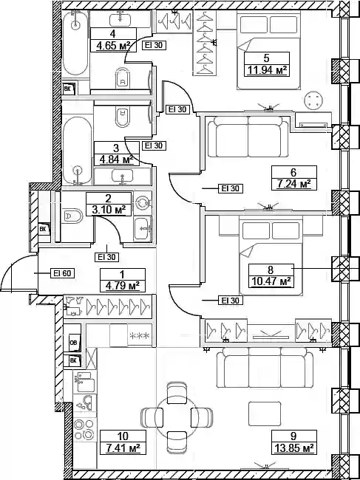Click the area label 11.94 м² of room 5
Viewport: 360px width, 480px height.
(x=267, y=71)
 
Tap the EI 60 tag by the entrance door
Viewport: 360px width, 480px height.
(x=62, y=272)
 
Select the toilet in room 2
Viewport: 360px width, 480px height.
(x=72, y=216)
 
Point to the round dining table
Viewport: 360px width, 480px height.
(x=177, y=417)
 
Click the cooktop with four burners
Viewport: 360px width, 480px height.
(x=84, y=429)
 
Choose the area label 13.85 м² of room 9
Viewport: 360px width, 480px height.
(x=293, y=449)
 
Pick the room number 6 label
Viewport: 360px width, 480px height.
(x=293, y=172)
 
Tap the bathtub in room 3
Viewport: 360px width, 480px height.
(x=77, y=151)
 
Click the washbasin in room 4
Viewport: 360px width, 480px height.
(x=120, y=20)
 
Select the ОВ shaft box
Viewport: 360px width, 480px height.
(x=74, y=342)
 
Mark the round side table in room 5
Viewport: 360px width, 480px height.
(x=313, y=100)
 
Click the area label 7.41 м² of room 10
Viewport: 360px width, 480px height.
(x=123, y=449)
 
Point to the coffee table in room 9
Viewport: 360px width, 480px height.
(x=265, y=414)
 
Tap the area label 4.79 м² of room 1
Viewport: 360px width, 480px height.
(x=123, y=287)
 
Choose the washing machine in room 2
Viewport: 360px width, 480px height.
(x=143, y=203)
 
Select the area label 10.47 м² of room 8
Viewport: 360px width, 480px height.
(x=271, y=281)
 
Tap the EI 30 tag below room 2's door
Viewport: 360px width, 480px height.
(x=106, y=257)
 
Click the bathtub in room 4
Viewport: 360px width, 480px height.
(x=75, y=44)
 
